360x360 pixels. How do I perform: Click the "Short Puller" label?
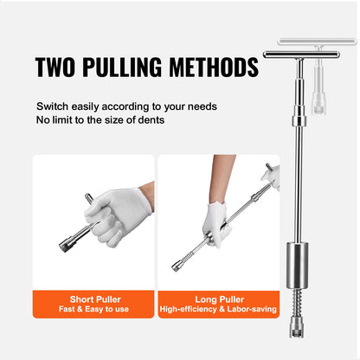93,299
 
